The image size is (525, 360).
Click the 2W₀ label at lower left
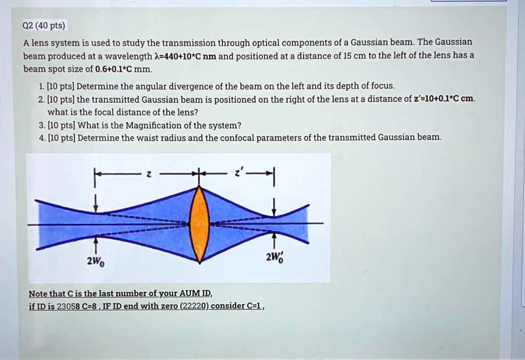coord(95,261)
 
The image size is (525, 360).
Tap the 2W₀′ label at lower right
coord(275,258)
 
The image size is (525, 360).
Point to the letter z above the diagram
coord(148,175)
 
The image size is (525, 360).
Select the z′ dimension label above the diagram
coord(237,174)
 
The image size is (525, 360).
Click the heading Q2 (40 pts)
coord(45,26)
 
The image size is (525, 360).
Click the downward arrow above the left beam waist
coord(95,204)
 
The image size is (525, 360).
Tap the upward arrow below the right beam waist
coord(275,240)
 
